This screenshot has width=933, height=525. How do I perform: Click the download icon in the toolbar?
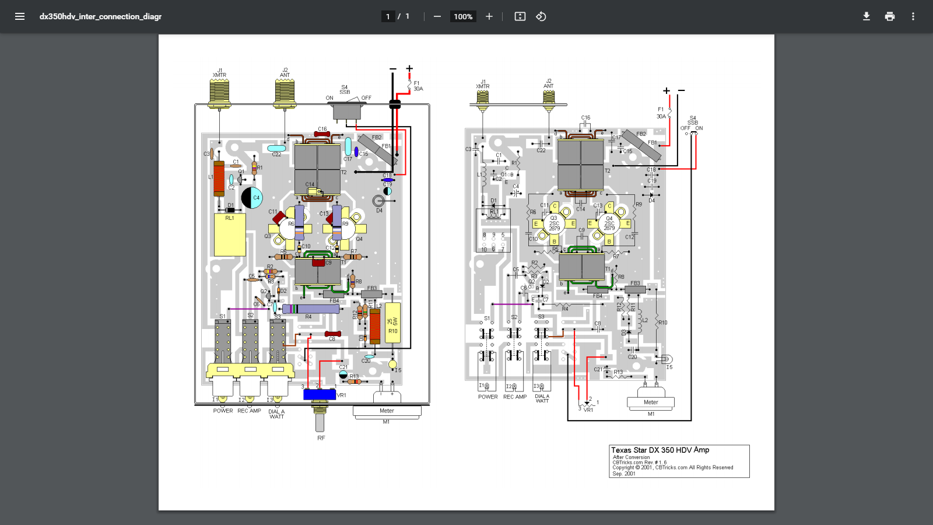(866, 16)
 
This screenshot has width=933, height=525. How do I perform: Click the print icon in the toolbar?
(889, 16)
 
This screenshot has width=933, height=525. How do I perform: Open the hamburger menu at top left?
(20, 16)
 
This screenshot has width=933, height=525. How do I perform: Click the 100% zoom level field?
(463, 16)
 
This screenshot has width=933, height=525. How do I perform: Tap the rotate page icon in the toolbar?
(541, 16)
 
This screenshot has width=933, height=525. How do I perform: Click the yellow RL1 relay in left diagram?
(230, 235)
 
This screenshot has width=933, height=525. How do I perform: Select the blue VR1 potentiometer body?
(319, 395)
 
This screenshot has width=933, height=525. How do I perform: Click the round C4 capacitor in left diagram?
(252, 198)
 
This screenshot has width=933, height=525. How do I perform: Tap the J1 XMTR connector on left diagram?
(219, 93)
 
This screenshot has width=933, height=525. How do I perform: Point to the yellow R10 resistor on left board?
(393, 322)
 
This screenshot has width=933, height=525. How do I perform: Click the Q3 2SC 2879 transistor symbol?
(553, 223)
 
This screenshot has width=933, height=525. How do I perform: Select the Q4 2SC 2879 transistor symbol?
(609, 223)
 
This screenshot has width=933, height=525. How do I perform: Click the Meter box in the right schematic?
(651, 402)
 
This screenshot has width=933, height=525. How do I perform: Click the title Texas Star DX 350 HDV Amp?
(660, 450)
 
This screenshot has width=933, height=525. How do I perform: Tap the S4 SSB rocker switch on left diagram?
(348, 111)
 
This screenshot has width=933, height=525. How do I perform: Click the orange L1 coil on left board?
(219, 178)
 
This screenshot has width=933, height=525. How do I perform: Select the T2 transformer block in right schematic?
(580, 165)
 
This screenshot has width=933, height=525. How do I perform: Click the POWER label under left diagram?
(223, 411)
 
